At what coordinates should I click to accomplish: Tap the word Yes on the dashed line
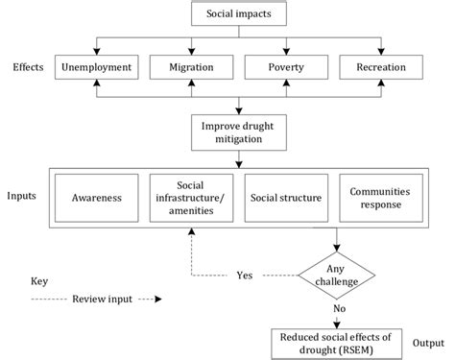pos(245,275)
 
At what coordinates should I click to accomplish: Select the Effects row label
pos(26,69)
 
